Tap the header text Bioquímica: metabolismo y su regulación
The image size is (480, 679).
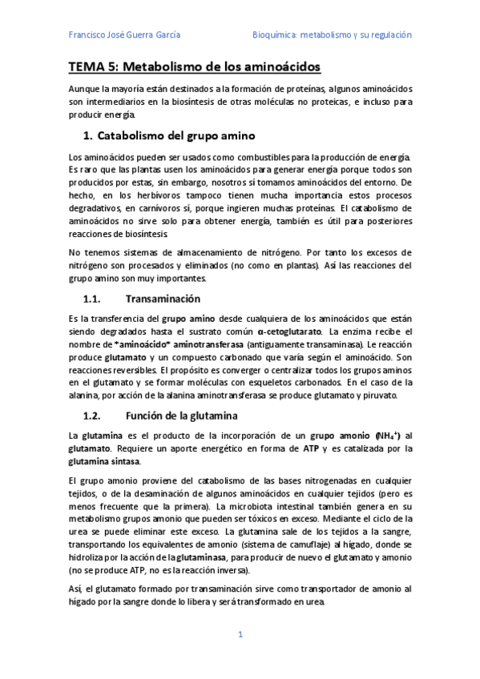coord(332,35)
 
